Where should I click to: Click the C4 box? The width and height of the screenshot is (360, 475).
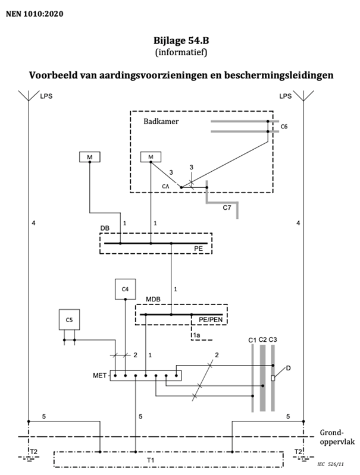(x=126, y=289)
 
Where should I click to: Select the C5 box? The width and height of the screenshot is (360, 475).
(x=69, y=320)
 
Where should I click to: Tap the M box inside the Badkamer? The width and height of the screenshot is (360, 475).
(x=151, y=157)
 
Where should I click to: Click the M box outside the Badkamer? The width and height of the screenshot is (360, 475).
(x=90, y=157)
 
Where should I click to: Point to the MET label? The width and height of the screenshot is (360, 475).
(x=99, y=376)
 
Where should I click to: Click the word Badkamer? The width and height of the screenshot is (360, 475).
(x=161, y=121)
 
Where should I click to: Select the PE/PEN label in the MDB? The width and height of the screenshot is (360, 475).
(x=211, y=320)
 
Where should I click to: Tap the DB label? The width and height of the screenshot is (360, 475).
(x=105, y=228)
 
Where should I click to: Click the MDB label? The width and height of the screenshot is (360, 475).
(x=153, y=299)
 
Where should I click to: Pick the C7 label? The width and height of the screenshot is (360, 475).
(x=227, y=207)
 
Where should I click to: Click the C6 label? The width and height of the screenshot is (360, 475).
(x=284, y=127)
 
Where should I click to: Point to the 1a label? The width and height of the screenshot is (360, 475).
(x=196, y=335)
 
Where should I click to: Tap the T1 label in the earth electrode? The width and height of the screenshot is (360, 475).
(x=151, y=461)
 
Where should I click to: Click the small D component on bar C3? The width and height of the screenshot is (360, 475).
(x=273, y=378)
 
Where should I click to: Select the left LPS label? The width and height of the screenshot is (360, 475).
(x=46, y=96)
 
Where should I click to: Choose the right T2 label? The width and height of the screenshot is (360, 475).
(x=299, y=452)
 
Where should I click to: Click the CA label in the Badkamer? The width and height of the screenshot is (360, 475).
(x=165, y=187)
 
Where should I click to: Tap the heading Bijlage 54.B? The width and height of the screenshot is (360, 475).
(x=181, y=40)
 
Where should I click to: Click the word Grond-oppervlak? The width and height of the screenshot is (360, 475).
(x=337, y=437)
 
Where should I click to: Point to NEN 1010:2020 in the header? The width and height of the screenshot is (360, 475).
(x=35, y=14)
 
